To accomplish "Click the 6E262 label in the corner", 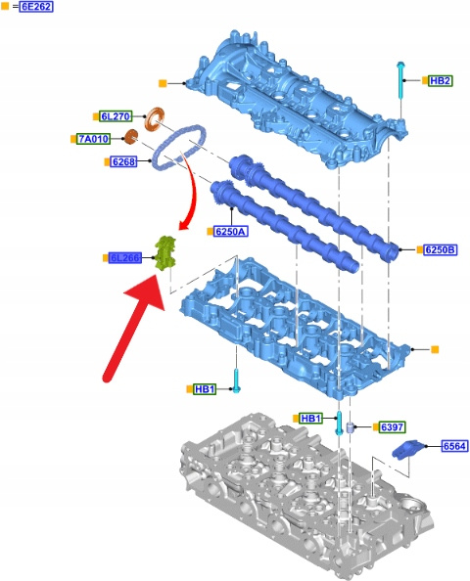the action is (x=36, y=6).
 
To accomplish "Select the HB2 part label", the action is (x=441, y=81).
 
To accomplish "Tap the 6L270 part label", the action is (x=116, y=116).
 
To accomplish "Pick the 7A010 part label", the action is (x=93, y=139).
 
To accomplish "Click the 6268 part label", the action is (x=123, y=162).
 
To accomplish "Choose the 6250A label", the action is (x=231, y=232).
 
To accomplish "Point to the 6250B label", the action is (x=441, y=249).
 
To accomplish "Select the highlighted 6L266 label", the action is (x=125, y=258).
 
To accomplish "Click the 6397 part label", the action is (x=392, y=427).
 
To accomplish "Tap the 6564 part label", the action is (x=454, y=446).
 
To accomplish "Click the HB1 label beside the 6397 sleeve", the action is (x=310, y=419).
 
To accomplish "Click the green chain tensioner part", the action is (x=165, y=252).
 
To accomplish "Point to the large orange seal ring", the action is (x=155, y=119).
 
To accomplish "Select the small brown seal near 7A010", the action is (x=130, y=137).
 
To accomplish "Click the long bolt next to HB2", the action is (x=400, y=80).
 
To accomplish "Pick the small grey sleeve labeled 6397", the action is (x=351, y=427).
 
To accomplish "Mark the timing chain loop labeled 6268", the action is (x=178, y=147).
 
